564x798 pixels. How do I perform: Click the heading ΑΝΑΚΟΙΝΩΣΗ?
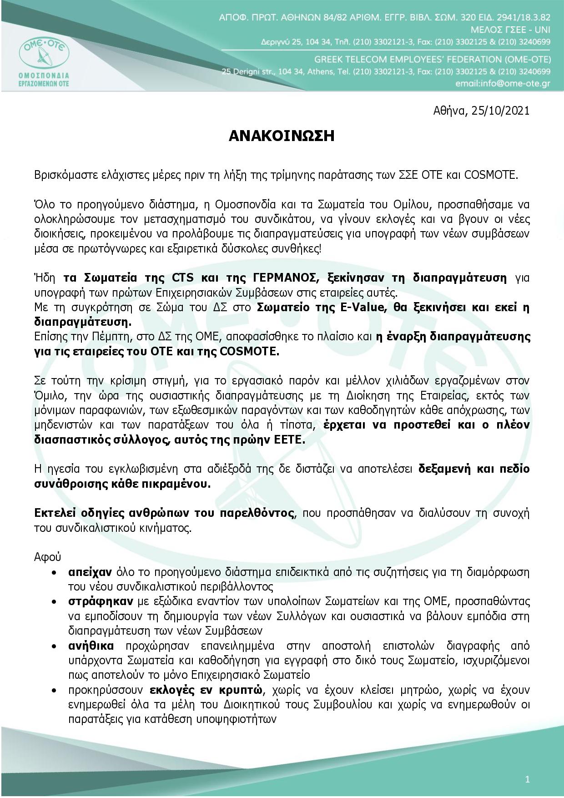click(x=282, y=136)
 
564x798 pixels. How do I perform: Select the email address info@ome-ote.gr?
click(x=503, y=84)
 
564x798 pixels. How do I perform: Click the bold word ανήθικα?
click(x=91, y=646)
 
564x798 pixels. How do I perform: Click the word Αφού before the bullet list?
click(x=47, y=557)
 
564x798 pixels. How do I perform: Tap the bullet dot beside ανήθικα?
click(x=55, y=646)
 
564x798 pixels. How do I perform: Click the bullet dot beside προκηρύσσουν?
click(x=55, y=690)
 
